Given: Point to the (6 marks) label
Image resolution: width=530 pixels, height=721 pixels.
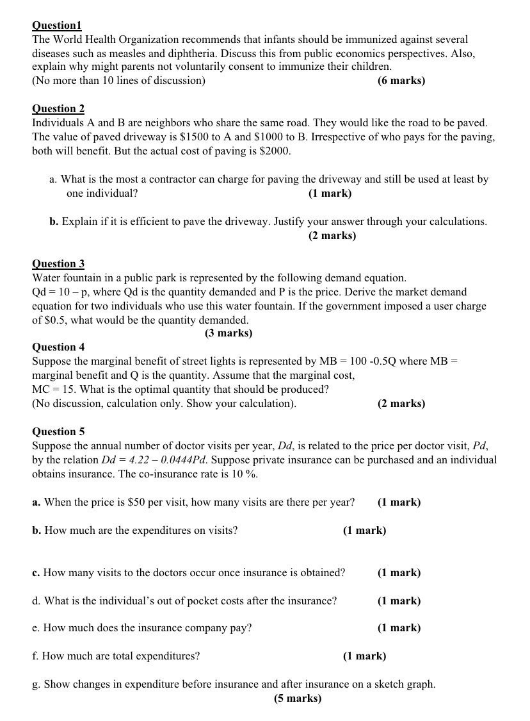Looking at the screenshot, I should click(401, 81).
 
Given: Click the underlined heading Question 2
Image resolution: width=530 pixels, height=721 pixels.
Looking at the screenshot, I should click(58, 109).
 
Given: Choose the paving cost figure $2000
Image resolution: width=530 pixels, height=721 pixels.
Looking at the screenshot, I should click(277, 151).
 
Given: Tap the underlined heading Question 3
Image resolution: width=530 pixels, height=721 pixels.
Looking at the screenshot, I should click(58, 264).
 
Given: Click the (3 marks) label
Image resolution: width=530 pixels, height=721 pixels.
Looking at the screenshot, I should click(229, 333).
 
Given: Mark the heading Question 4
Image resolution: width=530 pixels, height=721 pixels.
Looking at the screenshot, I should click(58, 347).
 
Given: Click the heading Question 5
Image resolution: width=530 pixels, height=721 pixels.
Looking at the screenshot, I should click(58, 432).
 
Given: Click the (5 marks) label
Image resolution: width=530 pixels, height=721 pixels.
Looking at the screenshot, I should click(298, 699).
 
